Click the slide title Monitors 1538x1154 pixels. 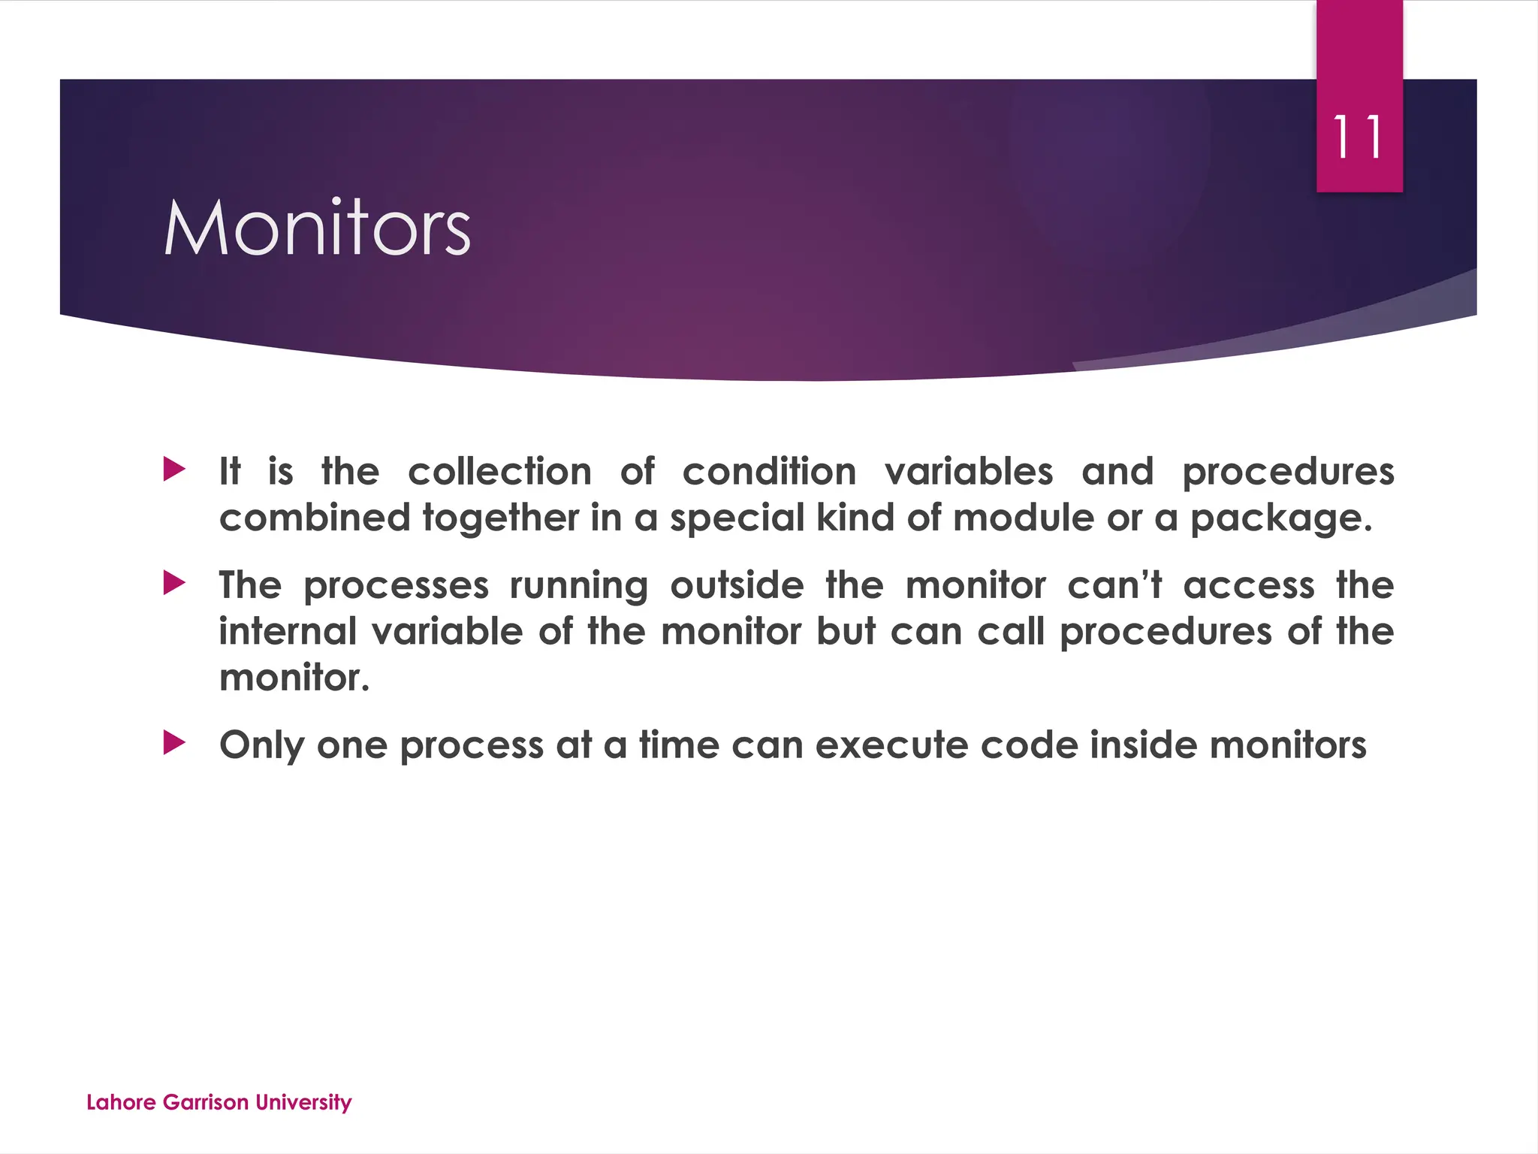coord(317,228)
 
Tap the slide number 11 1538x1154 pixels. coord(1358,137)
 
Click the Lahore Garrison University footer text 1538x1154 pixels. coord(219,1102)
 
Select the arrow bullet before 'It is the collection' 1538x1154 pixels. coord(174,470)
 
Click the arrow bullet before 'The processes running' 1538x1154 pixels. coord(174,583)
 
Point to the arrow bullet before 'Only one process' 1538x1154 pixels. coord(174,744)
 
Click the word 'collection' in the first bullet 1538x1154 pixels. coord(499,472)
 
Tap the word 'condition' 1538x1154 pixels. coord(769,472)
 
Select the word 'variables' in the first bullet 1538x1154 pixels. coord(969,472)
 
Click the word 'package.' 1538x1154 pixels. coord(1281,519)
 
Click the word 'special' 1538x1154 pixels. coord(737,519)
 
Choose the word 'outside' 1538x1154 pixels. coord(737,585)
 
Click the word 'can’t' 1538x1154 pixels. coord(1114,585)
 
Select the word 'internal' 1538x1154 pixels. coord(288,631)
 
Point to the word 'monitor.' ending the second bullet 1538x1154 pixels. coord(294,678)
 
